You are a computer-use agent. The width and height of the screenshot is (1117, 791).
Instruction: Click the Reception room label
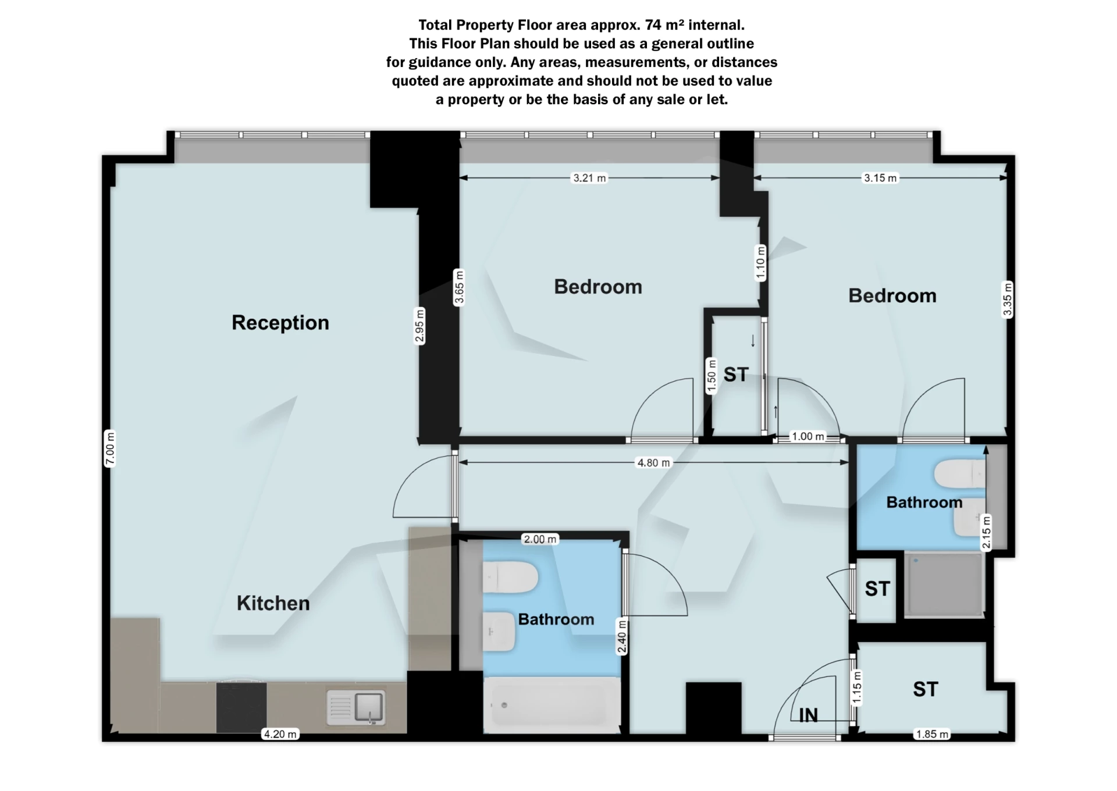click(280, 322)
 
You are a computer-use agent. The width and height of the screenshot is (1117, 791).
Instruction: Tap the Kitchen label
click(273, 603)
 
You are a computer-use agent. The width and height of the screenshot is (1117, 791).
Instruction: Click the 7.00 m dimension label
click(110, 448)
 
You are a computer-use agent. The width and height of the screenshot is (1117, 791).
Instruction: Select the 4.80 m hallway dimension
click(653, 463)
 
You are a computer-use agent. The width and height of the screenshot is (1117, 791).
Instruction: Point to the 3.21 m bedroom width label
click(589, 178)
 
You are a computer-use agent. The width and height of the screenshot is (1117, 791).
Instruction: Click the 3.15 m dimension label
click(880, 178)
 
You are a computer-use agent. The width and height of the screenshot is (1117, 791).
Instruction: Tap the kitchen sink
click(355, 707)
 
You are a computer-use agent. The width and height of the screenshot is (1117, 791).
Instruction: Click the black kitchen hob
click(241, 707)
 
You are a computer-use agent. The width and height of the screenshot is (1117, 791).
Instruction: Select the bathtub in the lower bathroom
click(552, 705)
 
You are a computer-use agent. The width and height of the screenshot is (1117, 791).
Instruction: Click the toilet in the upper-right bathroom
click(960, 473)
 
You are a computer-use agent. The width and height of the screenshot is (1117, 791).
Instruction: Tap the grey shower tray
click(944, 585)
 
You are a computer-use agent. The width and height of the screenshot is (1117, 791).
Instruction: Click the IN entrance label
click(808, 715)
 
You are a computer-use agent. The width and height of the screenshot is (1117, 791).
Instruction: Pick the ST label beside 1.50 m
click(736, 375)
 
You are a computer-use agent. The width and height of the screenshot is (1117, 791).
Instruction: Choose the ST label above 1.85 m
click(925, 689)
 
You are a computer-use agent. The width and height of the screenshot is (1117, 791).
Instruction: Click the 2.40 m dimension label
click(622, 637)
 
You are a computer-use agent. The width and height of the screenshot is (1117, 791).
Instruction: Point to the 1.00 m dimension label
click(808, 436)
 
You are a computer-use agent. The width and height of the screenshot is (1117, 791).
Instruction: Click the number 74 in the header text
click(653, 25)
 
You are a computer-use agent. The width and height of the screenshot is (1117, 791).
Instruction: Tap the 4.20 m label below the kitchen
click(280, 734)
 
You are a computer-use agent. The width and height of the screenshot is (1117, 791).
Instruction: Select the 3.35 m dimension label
click(1007, 299)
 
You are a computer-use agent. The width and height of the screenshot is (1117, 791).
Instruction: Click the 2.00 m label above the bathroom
click(540, 539)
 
